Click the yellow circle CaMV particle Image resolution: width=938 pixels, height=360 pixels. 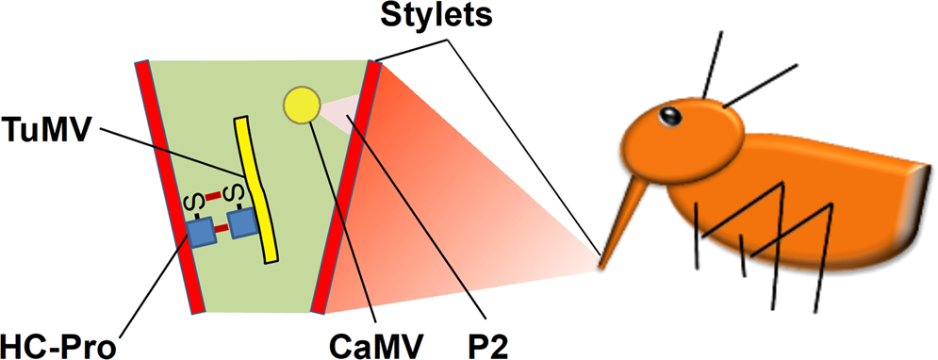301,106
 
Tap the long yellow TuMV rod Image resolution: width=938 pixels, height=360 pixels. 255,188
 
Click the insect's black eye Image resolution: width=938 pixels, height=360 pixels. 669,117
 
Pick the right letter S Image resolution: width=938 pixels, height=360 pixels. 237,195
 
